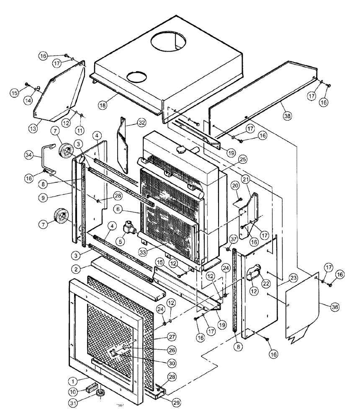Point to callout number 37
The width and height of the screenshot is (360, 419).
(x=234, y=238)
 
